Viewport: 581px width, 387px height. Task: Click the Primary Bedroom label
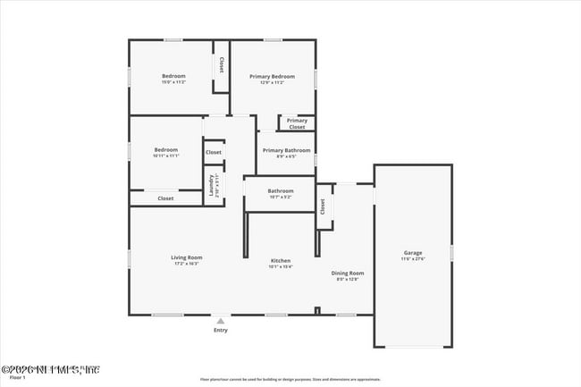(x=272, y=76)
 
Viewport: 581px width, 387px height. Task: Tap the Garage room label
(x=412, y=253)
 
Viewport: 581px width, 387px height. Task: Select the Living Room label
(x=187, y=257)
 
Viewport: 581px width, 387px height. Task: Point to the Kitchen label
(x=281, y=260)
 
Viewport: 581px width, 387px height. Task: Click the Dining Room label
(x=348, y=273)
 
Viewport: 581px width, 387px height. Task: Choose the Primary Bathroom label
(x=286, y=150)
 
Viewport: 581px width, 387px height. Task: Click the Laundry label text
(x=212, y=185)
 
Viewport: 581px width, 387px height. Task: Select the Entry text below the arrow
(x=220, y=330)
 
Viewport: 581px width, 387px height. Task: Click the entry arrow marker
(x=220, y=320)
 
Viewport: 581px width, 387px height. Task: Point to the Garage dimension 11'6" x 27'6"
(x=412, y=259)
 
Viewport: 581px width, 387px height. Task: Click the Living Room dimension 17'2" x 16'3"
(x=187, y=264)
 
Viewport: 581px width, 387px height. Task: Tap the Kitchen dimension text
(x=281, y=266)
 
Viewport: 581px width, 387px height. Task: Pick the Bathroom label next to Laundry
(x=281, y=189)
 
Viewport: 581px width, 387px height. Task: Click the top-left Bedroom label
(x=173, y=76)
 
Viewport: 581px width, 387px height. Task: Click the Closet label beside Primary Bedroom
(x=221, y=65)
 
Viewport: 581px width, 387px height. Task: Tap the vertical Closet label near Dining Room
(x=323, y=206)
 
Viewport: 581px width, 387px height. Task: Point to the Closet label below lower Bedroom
(x=165, y=198)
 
